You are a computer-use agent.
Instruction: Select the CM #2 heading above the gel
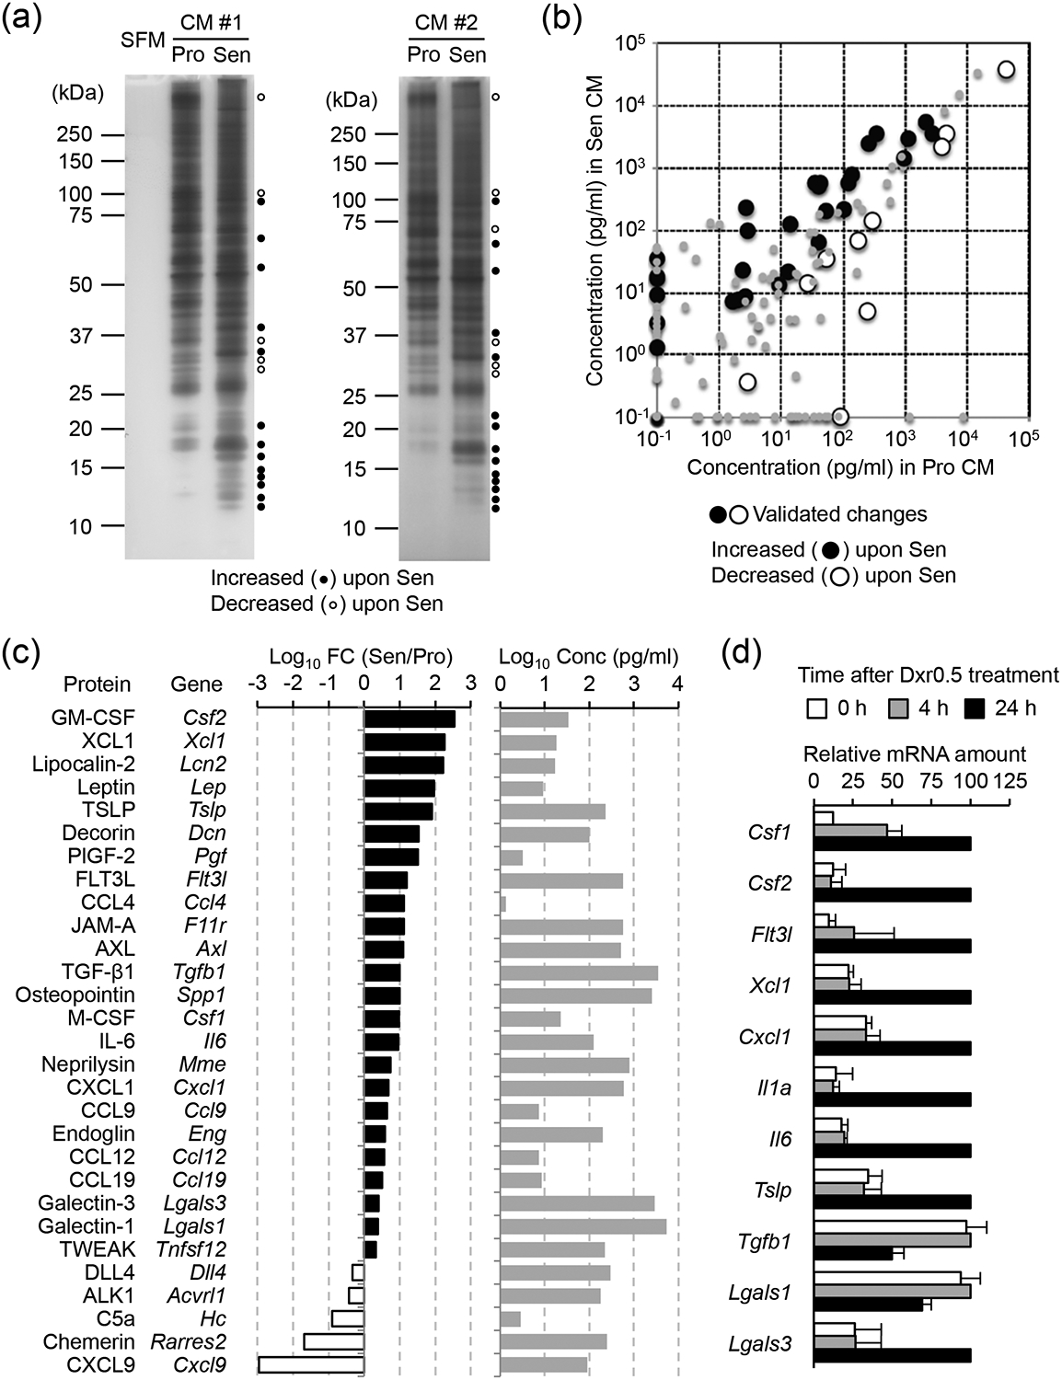point(445,21)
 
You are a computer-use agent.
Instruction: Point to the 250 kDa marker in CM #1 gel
point(74,134)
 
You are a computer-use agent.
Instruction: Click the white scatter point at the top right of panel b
point(1006,70)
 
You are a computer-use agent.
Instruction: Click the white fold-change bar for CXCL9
point(311,1364)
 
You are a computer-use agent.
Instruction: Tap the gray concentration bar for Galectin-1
point(583,1226)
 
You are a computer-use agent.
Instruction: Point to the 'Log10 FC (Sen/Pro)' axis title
point(361,657)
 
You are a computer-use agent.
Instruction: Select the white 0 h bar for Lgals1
point(887,1277)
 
